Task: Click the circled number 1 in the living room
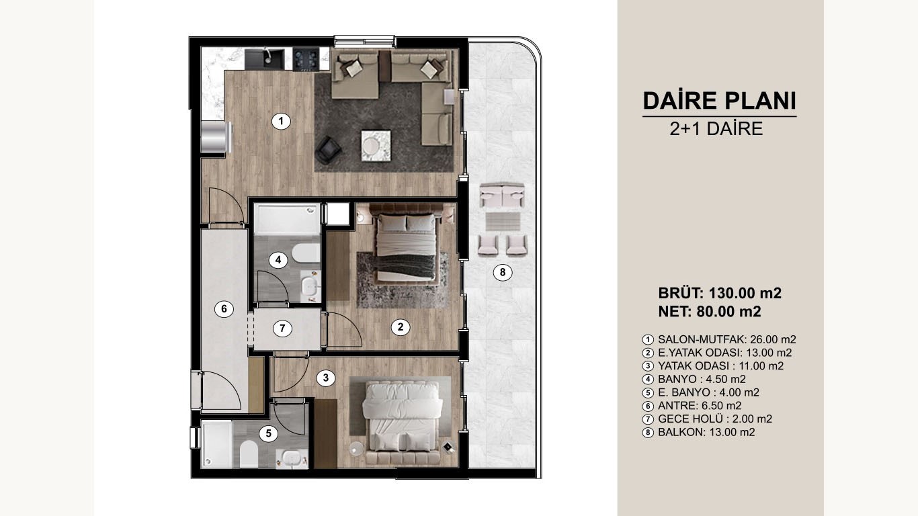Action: [281, 121]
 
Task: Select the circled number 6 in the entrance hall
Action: [224, 308]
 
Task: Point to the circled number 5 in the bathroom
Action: [268, 433]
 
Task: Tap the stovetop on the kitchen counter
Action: [306, 59]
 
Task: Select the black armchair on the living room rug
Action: [327, 150]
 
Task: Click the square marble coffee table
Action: [376, 146]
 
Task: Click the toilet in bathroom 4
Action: [306, 253]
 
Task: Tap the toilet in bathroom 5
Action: [249, 454]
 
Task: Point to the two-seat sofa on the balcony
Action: [502, 195]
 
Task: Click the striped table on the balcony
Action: [503, 221]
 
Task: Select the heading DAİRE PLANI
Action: [719, 101]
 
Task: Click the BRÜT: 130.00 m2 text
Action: [720, 293]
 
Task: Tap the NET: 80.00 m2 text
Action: [710, 312]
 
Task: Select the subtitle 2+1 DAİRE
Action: [716, 129]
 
